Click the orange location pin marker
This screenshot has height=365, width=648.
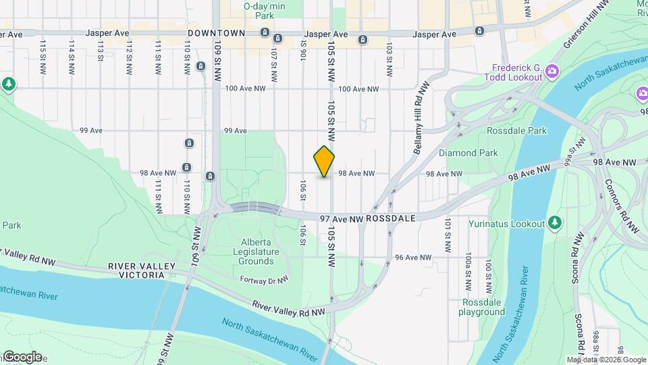pos(324,162)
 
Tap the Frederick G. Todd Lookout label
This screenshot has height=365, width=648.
pos(517,72)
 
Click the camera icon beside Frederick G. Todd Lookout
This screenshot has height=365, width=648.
pos(552,70)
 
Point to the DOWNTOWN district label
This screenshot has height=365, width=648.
pos(216,33)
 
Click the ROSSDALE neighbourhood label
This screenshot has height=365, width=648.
pos(395,218)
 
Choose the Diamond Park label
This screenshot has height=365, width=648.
pos(468,153)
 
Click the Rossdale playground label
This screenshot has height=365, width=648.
pos(482,307)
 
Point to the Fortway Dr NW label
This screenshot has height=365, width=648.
pos(265,278)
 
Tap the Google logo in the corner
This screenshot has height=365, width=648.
pos(22,357)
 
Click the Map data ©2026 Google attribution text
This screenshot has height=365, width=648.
pos(606,360)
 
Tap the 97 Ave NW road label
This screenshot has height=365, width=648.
pos(342,218)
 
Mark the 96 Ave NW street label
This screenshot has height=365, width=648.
pos(413,258)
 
